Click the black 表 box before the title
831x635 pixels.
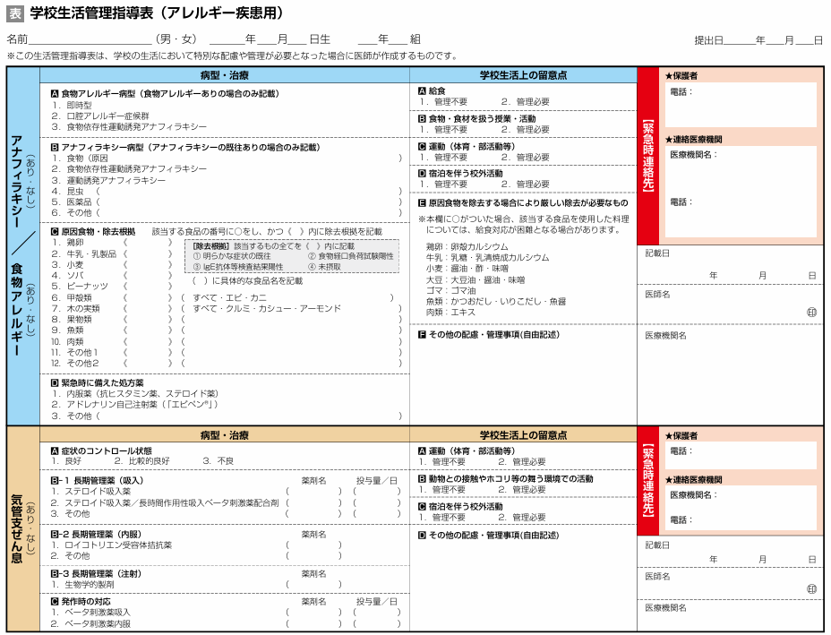pyautogui.click(x=15, y=13)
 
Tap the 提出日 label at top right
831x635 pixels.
pyautogui.click(x=708, y=40)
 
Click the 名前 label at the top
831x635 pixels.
pyautogui.click(x=17, y=39)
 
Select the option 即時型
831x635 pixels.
pyautogui.click(x=79, y=105)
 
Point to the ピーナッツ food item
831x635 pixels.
pyautogui.click(x=88, y=286)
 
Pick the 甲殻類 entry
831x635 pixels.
pyautogui.click(x=79, y=297)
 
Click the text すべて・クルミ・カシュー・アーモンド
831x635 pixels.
pyautogui.click(x=267, y=308)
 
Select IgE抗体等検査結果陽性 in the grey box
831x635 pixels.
pyautogui.click(x=238, y=267)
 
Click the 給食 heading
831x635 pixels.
pyautogui.click(x=437, y=91)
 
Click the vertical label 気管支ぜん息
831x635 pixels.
pyautogui.click(x=17, y=528)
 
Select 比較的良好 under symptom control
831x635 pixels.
pyautogui.click(x=149, y=460)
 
